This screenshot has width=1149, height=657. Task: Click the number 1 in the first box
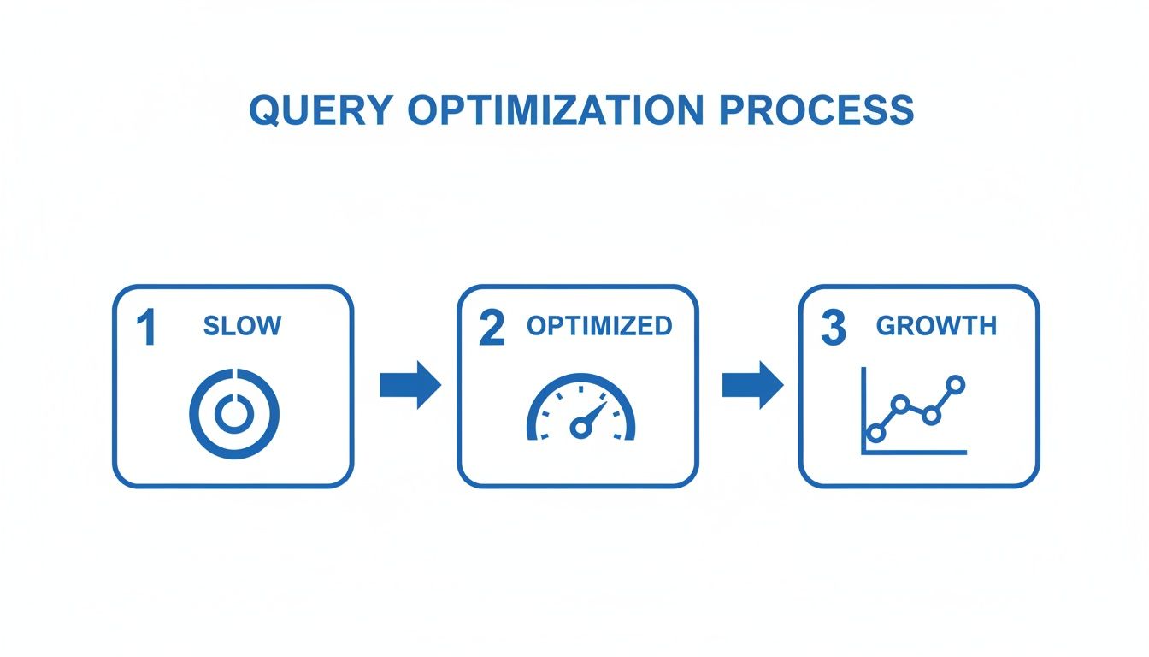pyautogui.click(x=147, y=329)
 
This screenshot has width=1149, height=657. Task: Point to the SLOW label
pyautogui.click(x=242, y=326)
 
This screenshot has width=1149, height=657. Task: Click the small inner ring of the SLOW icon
pyautogui.click(x=233, y=414)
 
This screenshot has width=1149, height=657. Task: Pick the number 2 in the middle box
pyautogui.click(x=492, y=329)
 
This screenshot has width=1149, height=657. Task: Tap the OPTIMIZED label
pyautogui.click(x=599, y=326)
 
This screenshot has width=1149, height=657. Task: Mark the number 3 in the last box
pyautogui.click(x=834, y=329)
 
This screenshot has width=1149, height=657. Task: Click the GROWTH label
pyautogui.click(x=936, y=326)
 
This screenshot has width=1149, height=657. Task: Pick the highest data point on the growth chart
pyautogui.click(x=956, y=385)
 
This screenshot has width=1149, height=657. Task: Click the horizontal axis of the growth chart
pyautogui.click(x=915, y=452)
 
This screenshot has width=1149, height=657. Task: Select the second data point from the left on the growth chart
pyautogui.click(x=899, y=403)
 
